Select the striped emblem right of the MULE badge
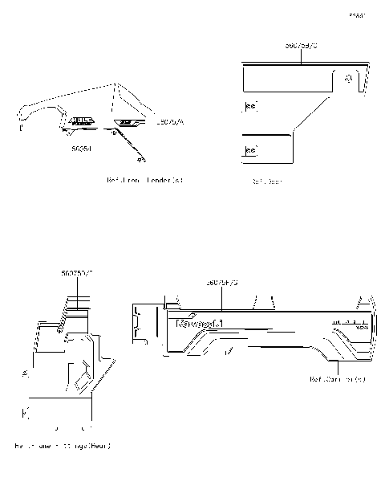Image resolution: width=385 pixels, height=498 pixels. pos(127,122)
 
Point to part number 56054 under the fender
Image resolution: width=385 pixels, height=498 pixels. pos(81,149)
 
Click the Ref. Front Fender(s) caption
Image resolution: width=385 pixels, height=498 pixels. pos(144,180)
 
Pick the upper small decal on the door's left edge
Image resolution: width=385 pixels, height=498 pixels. pos(249,106)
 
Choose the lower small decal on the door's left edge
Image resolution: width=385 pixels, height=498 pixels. pos(249,150)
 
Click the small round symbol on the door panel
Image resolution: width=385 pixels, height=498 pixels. pos(349,79)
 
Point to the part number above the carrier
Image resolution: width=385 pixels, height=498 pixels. pos(222,284)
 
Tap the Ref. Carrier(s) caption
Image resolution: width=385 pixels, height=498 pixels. pos(336,379)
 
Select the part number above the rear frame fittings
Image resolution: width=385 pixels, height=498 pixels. pos(77,274)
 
